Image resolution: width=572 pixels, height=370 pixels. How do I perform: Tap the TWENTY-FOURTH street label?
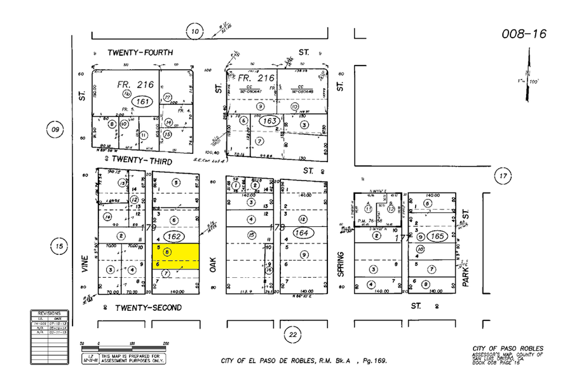(x=140, y=52)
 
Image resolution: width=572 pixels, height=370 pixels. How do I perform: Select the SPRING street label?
(x=341, y=263)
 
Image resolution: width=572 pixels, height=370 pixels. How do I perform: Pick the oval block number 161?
(x=143, y=100)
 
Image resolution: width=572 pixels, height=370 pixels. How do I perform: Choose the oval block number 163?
(x=269, y=120)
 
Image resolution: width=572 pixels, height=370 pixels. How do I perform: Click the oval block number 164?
(x=302, y=233)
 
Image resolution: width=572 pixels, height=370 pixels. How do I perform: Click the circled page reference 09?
(x=55, y=130)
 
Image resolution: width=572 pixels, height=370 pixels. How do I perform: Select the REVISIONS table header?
(x=49, y=313)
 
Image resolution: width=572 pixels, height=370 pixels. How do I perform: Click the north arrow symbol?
(x=528, y=76)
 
